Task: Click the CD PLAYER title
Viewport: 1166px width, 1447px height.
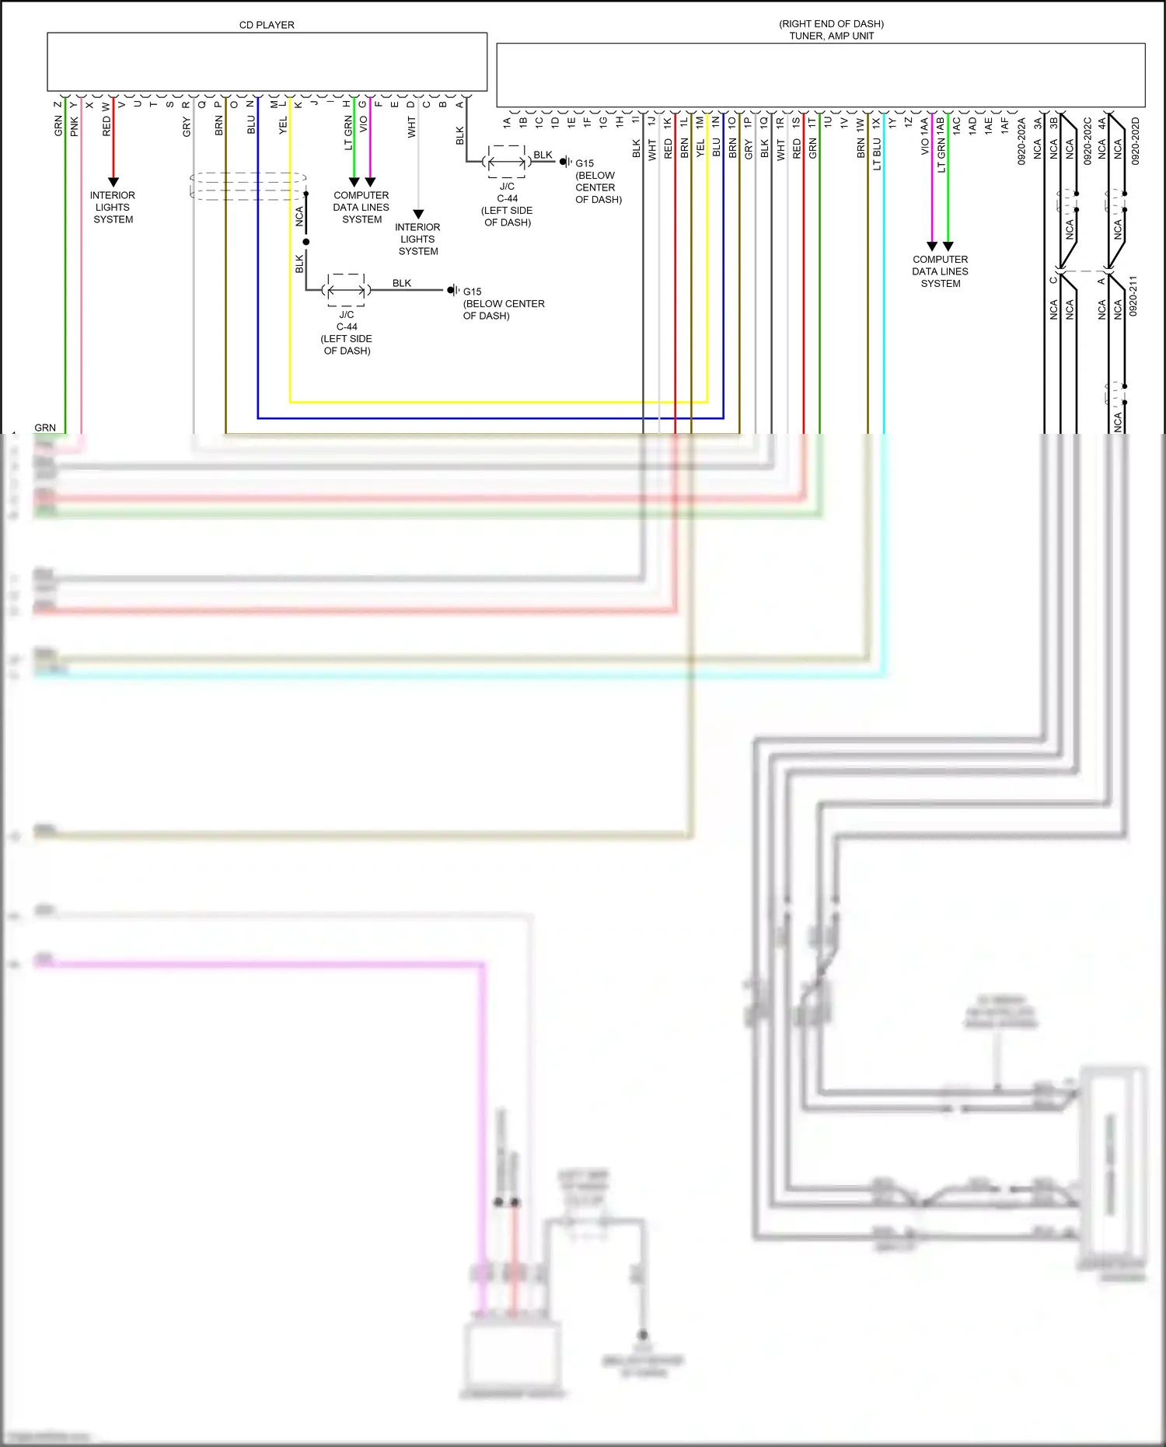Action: [x=267, y=25]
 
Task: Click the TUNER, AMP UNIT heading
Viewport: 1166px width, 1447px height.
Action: [x=831, y=36]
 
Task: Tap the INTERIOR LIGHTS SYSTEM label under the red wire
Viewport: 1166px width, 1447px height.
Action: [x=113, y=208]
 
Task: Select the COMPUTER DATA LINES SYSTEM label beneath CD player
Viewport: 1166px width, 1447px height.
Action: [x=361, y=208]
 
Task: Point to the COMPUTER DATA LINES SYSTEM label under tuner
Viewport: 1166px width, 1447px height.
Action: [x=940, y=271]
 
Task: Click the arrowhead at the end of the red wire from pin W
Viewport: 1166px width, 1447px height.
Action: [x=113, y=182]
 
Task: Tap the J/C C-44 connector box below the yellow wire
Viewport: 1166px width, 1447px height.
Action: [x=347, y=290]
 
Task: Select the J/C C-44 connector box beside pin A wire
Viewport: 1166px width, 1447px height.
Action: [x=507, y=162]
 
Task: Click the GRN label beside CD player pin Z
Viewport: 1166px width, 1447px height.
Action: [x=58, y=126]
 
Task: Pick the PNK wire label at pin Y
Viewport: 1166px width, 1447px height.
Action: [x=75, y=126]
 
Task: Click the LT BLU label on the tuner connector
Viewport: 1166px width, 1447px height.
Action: [x=877, y=154]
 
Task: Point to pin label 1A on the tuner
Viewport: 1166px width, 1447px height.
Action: [x=508, y=122]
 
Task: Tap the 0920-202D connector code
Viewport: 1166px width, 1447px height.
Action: [x=1135, y=141]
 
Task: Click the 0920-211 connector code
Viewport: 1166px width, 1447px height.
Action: [x=1133, y=295]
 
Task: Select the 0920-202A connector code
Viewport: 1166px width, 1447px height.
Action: [x=1021, y=141]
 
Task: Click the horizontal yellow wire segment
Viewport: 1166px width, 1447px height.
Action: [x=497, y=402]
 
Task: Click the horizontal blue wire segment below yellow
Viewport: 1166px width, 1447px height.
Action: [x=490, y=418]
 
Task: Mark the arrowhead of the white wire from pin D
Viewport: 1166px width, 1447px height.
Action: [x=418, y=214]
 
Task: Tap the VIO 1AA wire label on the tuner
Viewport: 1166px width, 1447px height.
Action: [x=925, y=136]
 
